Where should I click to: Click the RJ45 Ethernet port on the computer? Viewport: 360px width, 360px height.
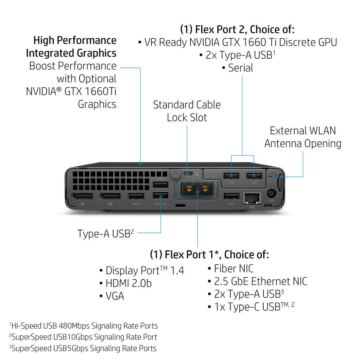click(252, 198)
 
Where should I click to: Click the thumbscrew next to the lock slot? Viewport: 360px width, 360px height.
click(175, 173)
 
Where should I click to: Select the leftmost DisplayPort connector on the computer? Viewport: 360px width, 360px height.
click(83, 196)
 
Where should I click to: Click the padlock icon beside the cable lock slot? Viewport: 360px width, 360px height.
click(197, 173)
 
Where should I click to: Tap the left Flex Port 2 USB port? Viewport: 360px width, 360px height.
click(231, 175)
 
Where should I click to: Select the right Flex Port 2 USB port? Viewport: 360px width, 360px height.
click(254, 175)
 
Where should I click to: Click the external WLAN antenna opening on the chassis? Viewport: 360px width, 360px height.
click(271, 176)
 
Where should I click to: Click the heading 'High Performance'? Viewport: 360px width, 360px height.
click(75, 40)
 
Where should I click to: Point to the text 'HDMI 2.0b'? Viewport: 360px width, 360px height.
click(129, 283)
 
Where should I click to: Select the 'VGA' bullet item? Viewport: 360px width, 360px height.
click(115, 296)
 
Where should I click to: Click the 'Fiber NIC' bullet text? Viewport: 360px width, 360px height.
click(234, 269)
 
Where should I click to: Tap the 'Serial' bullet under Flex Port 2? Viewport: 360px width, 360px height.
click(240, 68)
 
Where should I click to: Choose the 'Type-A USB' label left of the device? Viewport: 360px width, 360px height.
click(104, 234)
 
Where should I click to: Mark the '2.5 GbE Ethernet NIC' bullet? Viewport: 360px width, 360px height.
click(261, 282)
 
